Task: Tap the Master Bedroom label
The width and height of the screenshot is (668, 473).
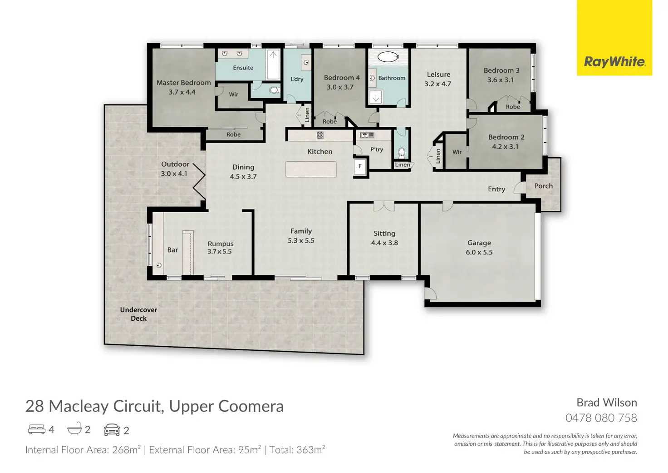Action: point(184,83)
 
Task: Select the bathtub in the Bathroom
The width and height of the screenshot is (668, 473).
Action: point(388,57)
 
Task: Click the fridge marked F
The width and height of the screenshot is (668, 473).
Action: point(360,166)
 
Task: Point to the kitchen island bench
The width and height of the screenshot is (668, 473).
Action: point(311,169)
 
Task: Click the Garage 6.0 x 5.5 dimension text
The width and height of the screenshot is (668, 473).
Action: point(479,252)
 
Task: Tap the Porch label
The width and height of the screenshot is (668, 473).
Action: point(543,186)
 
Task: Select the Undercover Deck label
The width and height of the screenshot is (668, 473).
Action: point(139,314)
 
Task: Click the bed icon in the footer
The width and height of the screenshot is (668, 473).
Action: point(36,429)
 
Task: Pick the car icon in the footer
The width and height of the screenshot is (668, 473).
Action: point(112,430)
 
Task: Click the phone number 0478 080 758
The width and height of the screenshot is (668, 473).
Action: point(601,418)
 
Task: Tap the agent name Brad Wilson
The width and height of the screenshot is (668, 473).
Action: point(607,403)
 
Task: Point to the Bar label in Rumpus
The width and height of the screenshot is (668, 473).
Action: point(172,250)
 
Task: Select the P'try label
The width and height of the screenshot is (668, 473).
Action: point(377,149)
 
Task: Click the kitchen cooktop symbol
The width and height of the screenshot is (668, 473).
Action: point(320,135)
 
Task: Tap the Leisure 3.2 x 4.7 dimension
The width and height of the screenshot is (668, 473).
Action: point(438,84)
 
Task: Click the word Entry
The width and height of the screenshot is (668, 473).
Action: point(496,189)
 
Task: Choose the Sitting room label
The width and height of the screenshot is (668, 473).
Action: point(384,234)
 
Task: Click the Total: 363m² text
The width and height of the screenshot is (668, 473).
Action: point(297,450)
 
